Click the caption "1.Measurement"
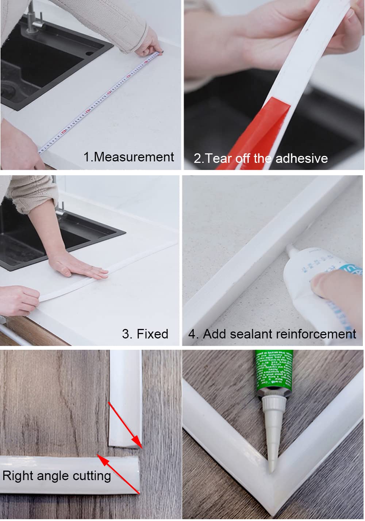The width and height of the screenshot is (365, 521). [128, 157]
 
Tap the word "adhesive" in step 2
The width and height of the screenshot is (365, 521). [301, 158]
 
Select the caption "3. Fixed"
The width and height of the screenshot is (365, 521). [145, 334]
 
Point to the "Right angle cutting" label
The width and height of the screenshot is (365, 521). [57, 476]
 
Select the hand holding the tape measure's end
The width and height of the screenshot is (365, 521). [150, 42]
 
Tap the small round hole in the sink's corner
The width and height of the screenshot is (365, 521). [88, 53]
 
